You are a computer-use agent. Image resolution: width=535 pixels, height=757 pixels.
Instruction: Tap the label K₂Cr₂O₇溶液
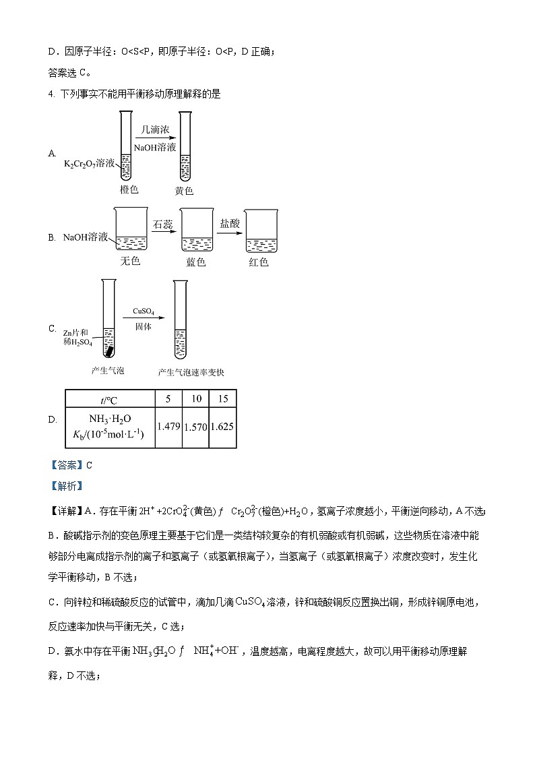(x=90, y=164)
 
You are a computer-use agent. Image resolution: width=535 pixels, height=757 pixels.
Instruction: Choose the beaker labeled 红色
(x=262, y=233)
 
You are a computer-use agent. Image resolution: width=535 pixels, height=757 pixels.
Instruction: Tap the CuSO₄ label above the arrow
(x=143, y=311)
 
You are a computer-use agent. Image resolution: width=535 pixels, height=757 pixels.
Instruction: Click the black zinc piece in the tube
(x=108, y=350)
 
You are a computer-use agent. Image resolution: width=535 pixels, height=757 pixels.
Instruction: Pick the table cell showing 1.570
(x=196, y=427)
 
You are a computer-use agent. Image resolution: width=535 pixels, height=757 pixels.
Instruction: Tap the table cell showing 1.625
(x=223, y=427)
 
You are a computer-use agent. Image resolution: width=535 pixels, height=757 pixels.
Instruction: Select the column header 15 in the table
(x=223, y=399)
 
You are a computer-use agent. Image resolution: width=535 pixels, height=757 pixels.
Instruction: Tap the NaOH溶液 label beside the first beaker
(x=86, y=237)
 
